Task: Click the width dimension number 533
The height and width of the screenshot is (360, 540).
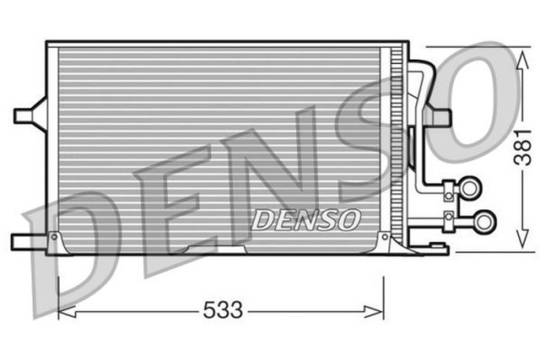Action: (222, 311)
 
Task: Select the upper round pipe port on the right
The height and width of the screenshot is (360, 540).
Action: (468, 187)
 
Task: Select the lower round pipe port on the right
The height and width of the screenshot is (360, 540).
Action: (484, 222)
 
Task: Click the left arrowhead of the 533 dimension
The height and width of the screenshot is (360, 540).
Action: (62, 311)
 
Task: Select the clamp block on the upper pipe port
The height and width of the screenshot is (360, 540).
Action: (449, 188)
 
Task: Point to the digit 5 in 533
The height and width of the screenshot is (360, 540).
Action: (209, 311)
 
